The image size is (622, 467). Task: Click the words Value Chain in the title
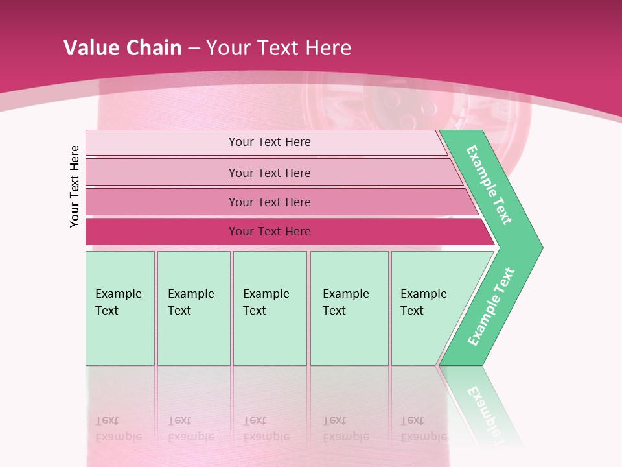[x=122, y=48]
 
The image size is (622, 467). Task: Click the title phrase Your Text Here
[x=279, y=48]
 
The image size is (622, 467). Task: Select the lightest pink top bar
[x=162, y=143]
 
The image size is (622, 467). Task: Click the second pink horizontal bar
[x=162, y=173]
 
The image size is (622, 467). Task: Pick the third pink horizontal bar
[x=162, y=202]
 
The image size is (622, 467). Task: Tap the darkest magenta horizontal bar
[x=162, y=232]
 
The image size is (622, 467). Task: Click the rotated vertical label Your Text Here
[x=75, y=186]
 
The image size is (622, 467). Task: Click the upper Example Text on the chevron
[x=489, y=185]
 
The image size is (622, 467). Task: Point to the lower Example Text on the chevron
[x=490, y=307]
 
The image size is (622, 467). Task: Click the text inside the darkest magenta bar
[x=270, y=232]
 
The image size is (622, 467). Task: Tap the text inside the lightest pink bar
[x=270, y=142]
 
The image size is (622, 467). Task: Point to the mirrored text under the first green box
[x=118, y=428]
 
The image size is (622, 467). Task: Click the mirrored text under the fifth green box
[x=423, y=428]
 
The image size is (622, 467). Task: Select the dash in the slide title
[x=194, y=48]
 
